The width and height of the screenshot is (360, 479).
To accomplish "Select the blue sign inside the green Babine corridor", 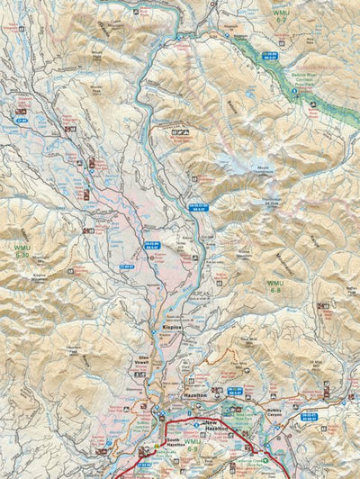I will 268,55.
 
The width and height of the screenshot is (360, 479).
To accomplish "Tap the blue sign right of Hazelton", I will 236,389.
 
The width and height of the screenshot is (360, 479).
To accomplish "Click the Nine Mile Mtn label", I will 245,338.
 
